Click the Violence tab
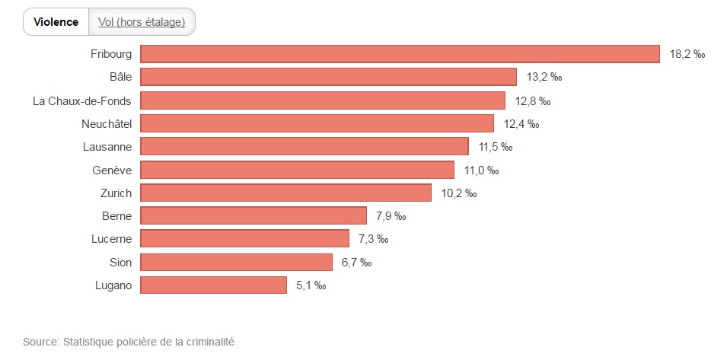tap(56, 22)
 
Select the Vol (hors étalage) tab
tap(142, 22)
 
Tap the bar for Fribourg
tap(400, 54)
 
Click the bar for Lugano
tap(214, 285)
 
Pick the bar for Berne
tap(253, 216)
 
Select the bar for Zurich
tap(285, 193)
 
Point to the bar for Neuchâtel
tap(317, 123)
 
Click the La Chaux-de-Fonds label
tap(82, 100)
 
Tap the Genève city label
tap(112, 170)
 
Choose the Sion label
tap(121, 263)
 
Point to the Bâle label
tap(120, 77)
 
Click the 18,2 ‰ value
tap(686, 55)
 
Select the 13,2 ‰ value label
tap(544, 78)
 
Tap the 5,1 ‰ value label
tap(311, 286)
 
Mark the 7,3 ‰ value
tap(373, 240)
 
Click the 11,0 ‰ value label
tap(481, 170)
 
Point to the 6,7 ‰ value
tap(356, 263)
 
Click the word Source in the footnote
tap(40, 342)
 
